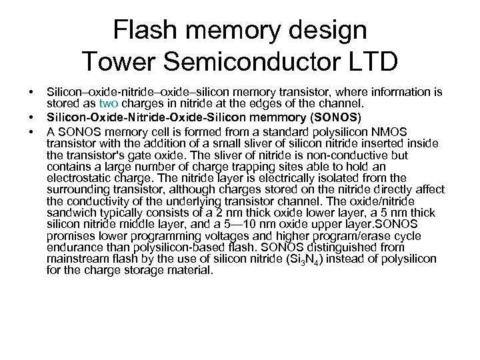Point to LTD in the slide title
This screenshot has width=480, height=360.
[369, 62]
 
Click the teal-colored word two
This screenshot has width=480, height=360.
[108, 103]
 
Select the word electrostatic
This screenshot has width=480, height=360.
[81, 178]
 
